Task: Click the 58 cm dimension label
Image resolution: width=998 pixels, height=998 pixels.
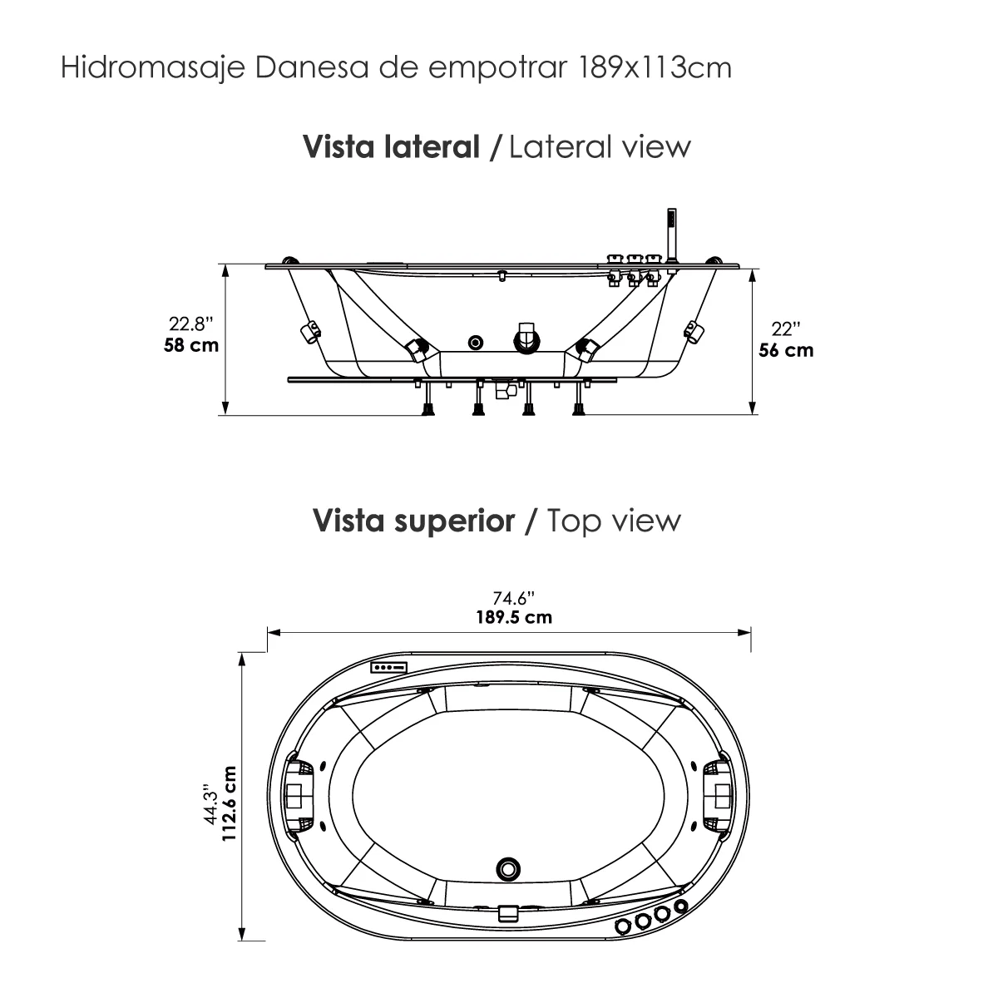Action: (192, 344)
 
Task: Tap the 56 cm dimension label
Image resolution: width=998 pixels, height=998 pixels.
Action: (786, 350)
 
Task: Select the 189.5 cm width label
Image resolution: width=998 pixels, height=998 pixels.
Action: (513, 618)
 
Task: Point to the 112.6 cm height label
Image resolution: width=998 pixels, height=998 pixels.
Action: (230, 804)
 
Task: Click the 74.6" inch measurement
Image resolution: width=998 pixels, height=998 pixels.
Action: (513, 598)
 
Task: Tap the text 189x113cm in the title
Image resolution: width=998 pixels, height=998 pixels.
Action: (653, 67)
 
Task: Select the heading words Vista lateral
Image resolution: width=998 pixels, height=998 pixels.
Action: (392, 147)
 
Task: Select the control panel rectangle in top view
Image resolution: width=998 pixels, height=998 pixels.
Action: (389, 667)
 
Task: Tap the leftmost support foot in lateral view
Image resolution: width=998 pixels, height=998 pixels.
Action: (429, 406)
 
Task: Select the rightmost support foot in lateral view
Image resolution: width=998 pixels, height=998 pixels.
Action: (577, 406)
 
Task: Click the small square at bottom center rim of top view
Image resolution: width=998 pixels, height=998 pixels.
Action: (508, 912)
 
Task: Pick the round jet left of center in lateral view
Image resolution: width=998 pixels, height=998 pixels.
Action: (476, 342)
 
